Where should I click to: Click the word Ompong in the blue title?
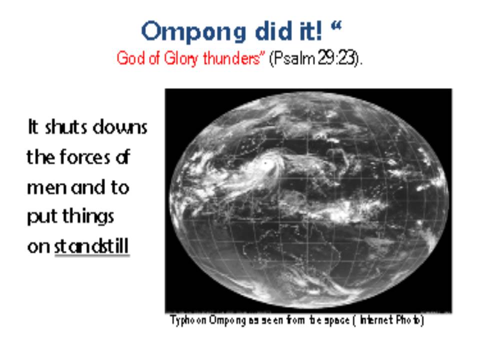point(193,32)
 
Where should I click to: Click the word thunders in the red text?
point(233,57)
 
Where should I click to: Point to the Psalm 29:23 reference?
point(315,57)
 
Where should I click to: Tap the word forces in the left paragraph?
point(85,156)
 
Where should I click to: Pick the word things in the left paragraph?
point(88,216)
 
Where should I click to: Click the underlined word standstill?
point(91,246)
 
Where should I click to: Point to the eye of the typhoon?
point(265,163)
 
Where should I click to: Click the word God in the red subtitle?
point(126,58)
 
